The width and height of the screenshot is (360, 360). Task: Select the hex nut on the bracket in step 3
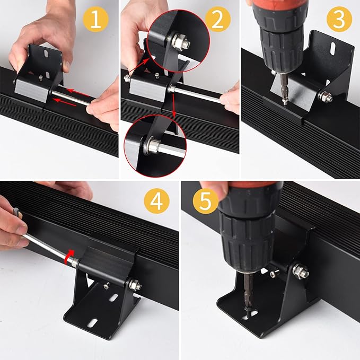(x=327, y=96)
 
